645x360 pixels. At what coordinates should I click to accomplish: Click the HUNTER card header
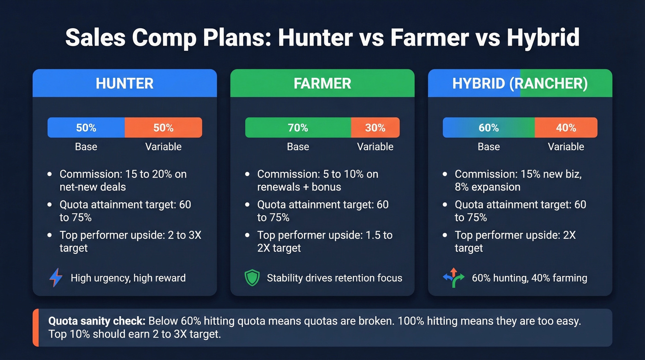tap(124, 83)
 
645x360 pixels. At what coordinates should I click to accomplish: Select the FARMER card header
tap(322, 83)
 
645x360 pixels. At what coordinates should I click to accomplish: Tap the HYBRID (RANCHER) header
tap(520, 83)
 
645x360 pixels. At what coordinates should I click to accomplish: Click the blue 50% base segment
tap(86, 128)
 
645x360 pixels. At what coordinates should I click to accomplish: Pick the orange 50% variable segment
tap(163, 128)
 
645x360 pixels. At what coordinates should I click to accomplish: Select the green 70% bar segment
tap(298, 128)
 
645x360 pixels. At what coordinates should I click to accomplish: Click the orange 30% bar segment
tap(375, 128)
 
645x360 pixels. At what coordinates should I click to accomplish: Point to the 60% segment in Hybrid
tap(488, 128)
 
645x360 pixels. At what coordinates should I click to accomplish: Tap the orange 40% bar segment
tap(566, 128)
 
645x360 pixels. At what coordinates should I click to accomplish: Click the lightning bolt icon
tap(55, 278)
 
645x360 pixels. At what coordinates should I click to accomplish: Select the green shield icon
tap(252, 278)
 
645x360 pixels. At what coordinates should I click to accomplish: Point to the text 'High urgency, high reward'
tap(128, 278)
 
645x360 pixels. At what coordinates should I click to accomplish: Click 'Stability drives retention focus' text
tap(334, 278)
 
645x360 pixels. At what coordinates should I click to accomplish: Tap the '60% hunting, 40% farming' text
tap(529, 278)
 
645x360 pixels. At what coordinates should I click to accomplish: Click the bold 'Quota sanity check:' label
tap(97, 321)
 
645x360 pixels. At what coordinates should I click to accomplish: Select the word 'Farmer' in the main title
tap(429, 38)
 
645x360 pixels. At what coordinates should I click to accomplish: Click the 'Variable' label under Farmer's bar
tap(375, 147)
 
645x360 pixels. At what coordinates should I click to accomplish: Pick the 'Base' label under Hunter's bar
tap(86, 147)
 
